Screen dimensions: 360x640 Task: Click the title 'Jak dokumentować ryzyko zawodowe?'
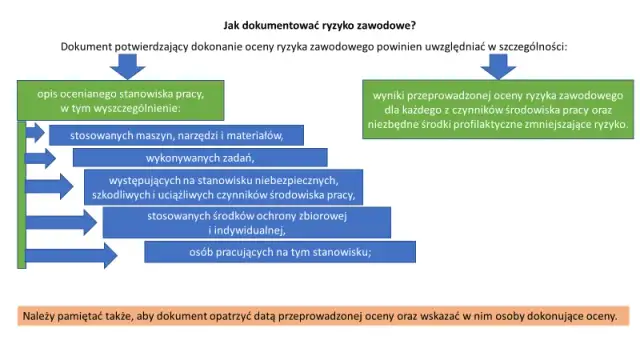(319, 25)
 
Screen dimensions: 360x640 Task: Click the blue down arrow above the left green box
(128, 67)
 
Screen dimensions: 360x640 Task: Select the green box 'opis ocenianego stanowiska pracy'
(119, 100)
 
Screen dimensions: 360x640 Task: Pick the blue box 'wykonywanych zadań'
(200, 158)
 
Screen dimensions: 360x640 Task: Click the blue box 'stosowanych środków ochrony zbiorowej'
(237, 222)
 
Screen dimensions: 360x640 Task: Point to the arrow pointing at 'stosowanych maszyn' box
(36, 133)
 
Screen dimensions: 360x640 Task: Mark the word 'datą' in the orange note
(266, 315)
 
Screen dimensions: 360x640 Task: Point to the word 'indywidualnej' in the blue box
(237, 230)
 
